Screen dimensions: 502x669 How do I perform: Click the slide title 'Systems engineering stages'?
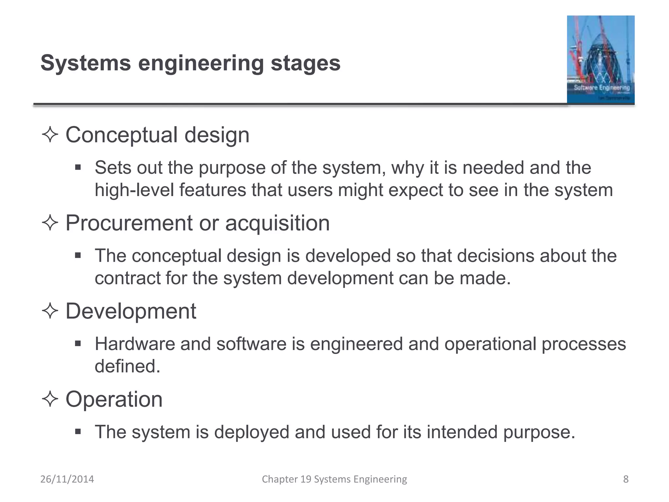click(x=190, y=63)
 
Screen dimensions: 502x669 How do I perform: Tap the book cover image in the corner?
click(x=600, y=59)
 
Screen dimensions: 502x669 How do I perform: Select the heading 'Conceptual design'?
click(x=157, y=135)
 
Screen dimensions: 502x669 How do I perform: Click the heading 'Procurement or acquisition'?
click(x=198, y=223)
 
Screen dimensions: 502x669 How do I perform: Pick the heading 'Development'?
click(x=131, y=311)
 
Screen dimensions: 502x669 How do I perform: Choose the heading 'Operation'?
click(x=114, y=399)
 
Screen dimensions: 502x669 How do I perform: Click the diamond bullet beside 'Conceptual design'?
click(x=50, y=135)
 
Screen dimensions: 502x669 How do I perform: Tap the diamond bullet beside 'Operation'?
click(x=50, y=399)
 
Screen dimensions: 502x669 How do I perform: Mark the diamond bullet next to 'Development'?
click(x=50, y=311)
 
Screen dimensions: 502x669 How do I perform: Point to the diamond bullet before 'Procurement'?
click(x=50, y=223)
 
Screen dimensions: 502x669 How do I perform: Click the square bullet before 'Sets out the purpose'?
click(x=78, y=168)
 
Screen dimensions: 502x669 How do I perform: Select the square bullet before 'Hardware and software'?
click(x=78, y=343)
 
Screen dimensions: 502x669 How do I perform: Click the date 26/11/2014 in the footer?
click(x=67, y=479)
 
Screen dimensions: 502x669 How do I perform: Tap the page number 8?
click(x=626, y=479)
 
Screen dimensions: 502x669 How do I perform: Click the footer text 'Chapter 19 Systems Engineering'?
click(x=334, y=479)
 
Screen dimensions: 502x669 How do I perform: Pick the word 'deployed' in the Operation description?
click(x=252, y=432)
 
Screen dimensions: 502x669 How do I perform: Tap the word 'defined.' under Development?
click(x=127, y=366)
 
